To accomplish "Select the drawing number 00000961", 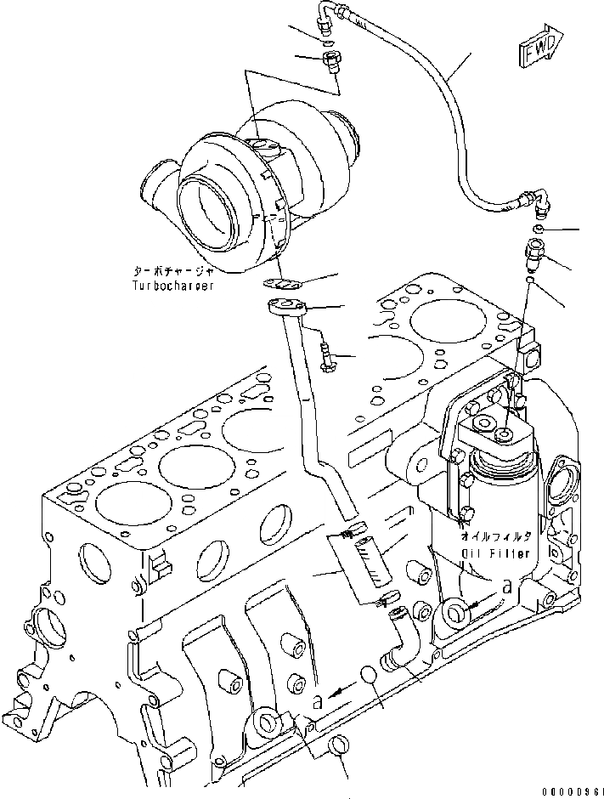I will pos(569,790).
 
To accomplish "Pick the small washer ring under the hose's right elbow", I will pos(539,229).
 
